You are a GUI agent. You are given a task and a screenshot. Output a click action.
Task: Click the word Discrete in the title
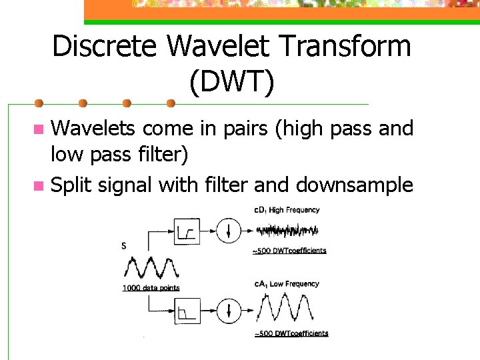[x=105, y=47]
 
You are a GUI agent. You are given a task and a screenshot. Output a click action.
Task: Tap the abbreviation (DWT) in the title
[x=231, y=82]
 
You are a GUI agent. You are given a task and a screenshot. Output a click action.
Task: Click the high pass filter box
[x=187, y=231]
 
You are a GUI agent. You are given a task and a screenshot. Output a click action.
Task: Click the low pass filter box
[x=187, y=310]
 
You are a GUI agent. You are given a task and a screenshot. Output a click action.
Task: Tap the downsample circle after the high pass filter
[x=229, y=231]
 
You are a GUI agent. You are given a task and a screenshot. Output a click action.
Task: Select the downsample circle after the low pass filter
[x=229, y=310]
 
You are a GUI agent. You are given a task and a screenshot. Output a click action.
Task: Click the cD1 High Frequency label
[x=287, y=210]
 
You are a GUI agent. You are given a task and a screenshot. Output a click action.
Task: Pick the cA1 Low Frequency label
[x=287, y=284]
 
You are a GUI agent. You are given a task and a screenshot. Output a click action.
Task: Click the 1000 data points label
[x=151, y=288]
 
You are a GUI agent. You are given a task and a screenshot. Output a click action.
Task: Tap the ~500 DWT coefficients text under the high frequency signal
[x=289, y=251]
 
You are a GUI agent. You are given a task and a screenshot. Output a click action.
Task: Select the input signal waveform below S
[x=151, y=268]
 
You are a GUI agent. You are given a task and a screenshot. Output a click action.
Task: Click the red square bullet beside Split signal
[x=39, y=185]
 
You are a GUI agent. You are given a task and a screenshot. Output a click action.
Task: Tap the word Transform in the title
[x=340, y=47]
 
